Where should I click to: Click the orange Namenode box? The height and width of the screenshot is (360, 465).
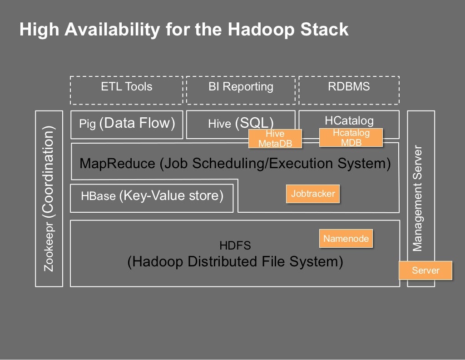point(346,238)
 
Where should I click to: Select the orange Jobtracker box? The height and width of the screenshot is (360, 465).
point(313,194)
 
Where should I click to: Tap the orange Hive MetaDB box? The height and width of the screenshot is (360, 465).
point(275,139)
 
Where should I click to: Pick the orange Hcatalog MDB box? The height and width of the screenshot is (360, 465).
point(351,137)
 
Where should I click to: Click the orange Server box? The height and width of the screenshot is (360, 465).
point(425,270)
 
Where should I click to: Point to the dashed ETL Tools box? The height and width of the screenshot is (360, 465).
point(126,87)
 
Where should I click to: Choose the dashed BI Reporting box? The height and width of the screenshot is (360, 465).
point(241,87)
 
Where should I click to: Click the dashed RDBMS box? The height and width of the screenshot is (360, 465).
point(349,87)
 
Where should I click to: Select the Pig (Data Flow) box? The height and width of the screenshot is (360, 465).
point(127,124)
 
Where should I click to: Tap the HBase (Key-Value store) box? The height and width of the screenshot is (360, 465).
point(152,196)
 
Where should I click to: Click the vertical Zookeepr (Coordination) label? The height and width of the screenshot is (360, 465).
point(49,199)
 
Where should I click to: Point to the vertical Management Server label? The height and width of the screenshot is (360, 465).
point(417,199)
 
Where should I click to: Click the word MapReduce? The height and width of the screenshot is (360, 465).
point(117,164)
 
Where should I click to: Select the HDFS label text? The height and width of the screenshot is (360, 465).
point(235,246)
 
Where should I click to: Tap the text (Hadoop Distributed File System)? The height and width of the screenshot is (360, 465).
point(235,262)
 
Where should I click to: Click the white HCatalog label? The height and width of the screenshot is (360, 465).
point(349,120)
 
